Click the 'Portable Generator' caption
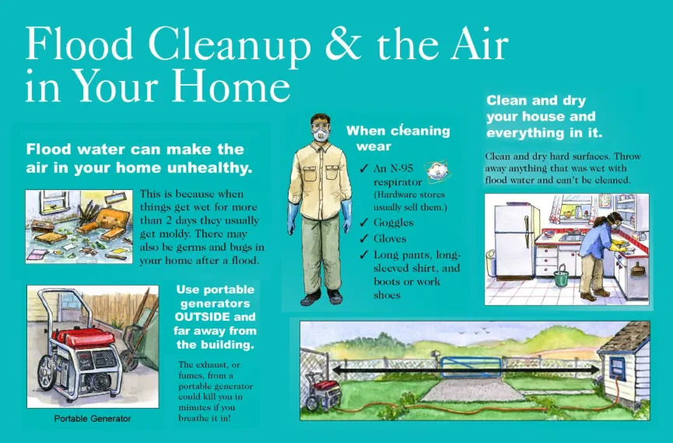coord(93,419)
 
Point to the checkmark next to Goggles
coord(364,223)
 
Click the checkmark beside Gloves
coord(364,239)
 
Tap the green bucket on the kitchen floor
coord(560,275)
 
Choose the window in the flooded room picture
coord(50,202)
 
